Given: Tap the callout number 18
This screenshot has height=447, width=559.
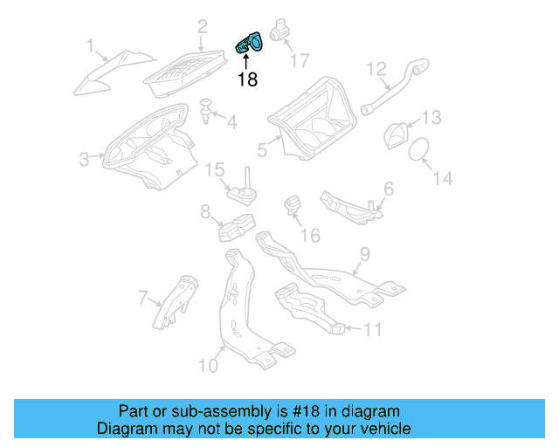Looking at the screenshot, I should (x=247, y=79).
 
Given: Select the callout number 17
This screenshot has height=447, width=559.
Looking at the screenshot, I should (x=299, y=61).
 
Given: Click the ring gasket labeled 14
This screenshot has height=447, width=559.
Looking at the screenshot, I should (x=421, y=149).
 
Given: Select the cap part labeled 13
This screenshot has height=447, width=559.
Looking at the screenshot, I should (x=397, y=134).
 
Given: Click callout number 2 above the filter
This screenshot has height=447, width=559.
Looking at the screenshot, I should (x=202, y=27).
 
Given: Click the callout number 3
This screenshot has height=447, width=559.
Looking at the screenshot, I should (x=85, y=159).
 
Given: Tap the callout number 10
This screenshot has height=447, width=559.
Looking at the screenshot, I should (x=208, y=365).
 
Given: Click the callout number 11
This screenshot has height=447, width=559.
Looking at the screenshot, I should (x=373, y=330).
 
